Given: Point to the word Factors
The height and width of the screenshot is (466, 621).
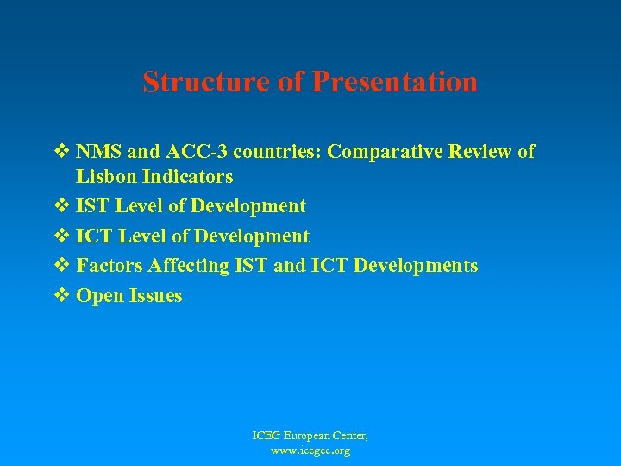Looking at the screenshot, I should pyautogui.click(x=109, y=266).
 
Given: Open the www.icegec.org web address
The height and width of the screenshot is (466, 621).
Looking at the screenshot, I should pyautogui.click(x=310, y=450).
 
